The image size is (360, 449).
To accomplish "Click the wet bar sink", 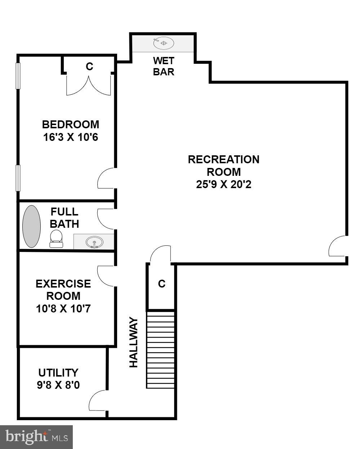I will point(164,43).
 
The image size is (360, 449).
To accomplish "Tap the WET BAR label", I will point(164,66).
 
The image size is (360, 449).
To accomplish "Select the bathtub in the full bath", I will point(32,227).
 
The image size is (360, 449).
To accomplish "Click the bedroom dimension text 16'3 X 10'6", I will point(71,137).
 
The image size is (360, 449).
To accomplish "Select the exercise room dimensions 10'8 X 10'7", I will point(63,308).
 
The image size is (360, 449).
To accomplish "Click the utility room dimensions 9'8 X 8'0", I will point(58,385).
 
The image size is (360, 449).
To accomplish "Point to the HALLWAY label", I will point(134,342).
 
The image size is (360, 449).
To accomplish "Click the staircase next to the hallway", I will point(160,350).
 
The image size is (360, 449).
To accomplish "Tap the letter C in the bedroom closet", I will point(89,66).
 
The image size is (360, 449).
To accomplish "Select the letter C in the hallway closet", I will point(162,284).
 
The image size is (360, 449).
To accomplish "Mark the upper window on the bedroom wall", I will point(18,76).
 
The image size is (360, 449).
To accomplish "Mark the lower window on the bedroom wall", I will point(18,178).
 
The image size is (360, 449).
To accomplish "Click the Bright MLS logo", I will point(36,437).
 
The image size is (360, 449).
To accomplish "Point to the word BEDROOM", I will point(71,124).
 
